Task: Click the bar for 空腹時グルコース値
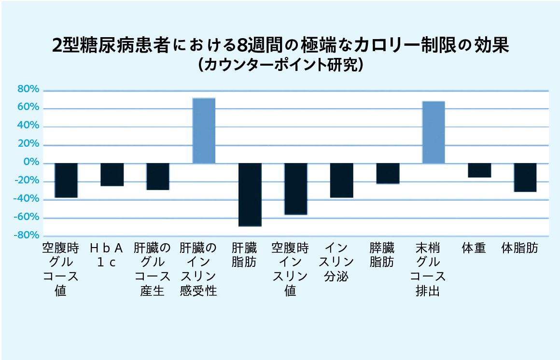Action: click(x=66, y=180)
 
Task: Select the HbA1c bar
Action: click(x=112, y=175)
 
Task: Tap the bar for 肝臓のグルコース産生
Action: click(x=158, y=177)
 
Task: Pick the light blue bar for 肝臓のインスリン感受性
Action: click(x=204, y=131)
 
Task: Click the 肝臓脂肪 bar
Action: click(x=250, y=194)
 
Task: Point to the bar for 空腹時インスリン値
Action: click(x=296, y=189)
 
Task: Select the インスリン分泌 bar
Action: click(x=342, y=180)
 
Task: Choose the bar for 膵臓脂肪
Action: click(x=388, y=174)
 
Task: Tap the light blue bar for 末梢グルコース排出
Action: click(x=434, y=133)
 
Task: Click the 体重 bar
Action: click(x=480, y=170)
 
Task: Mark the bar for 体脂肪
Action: click(x=525, y=178)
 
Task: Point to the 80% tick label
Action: click(x=28, y=89)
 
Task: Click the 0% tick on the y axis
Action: click(x=31, y=162)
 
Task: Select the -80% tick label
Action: click(x=26, y=235)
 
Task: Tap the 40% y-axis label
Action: click(x=28, y=125)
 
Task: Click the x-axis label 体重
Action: click(x=474, y=248)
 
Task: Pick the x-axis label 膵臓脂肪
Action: click(x=382, y=255)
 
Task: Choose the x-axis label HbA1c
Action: click(x=106, y=255)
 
